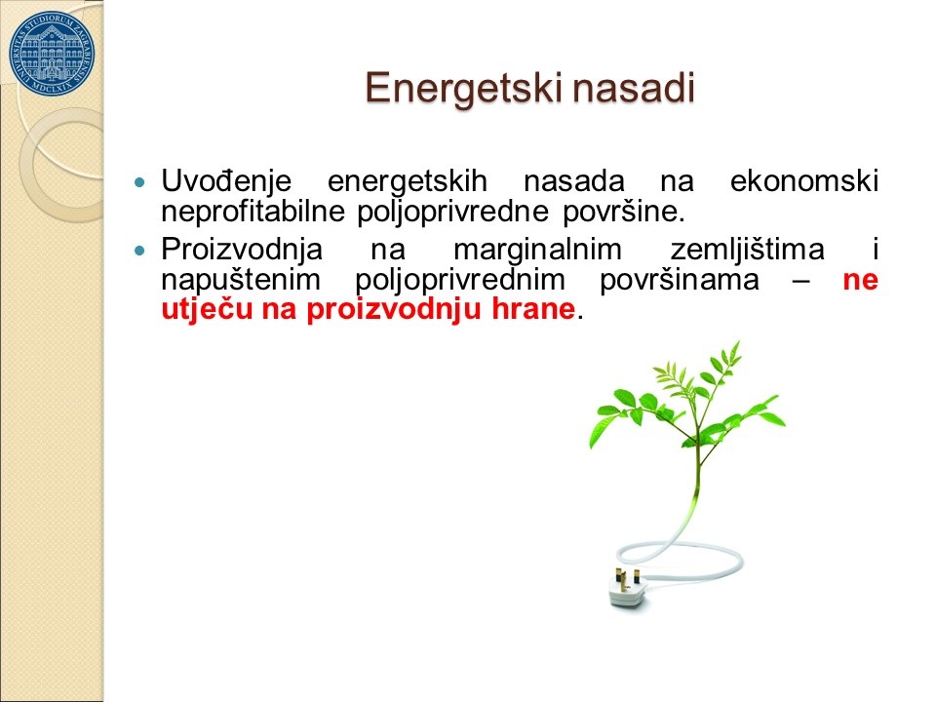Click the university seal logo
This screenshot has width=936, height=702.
[52, 54]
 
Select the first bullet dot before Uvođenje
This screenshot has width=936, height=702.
[140, 181]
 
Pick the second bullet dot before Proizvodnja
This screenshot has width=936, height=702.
[140, 251]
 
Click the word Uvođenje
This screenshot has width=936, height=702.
[226, 181]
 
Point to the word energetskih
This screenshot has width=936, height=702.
[408, 182]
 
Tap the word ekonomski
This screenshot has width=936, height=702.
[804, 181]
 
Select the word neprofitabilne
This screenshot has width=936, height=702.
[253, 212]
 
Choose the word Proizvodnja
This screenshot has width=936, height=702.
[242, 250]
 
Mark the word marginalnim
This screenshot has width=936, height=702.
[538, 251]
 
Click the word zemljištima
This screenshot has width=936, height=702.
[748, 250]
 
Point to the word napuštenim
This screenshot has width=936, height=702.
[241, 281]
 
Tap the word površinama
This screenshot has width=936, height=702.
[680, 281]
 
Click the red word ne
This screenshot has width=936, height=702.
[860, 281]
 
